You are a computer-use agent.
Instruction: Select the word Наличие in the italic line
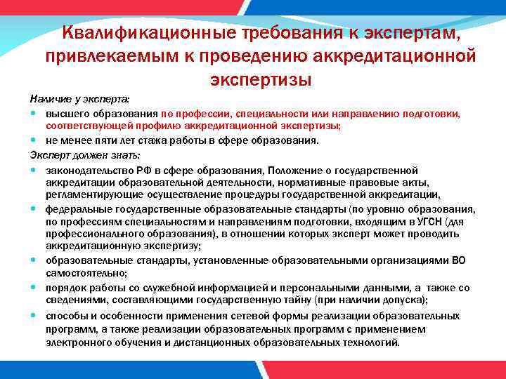[46, 101]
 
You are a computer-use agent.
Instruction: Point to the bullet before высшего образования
[34, 113]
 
